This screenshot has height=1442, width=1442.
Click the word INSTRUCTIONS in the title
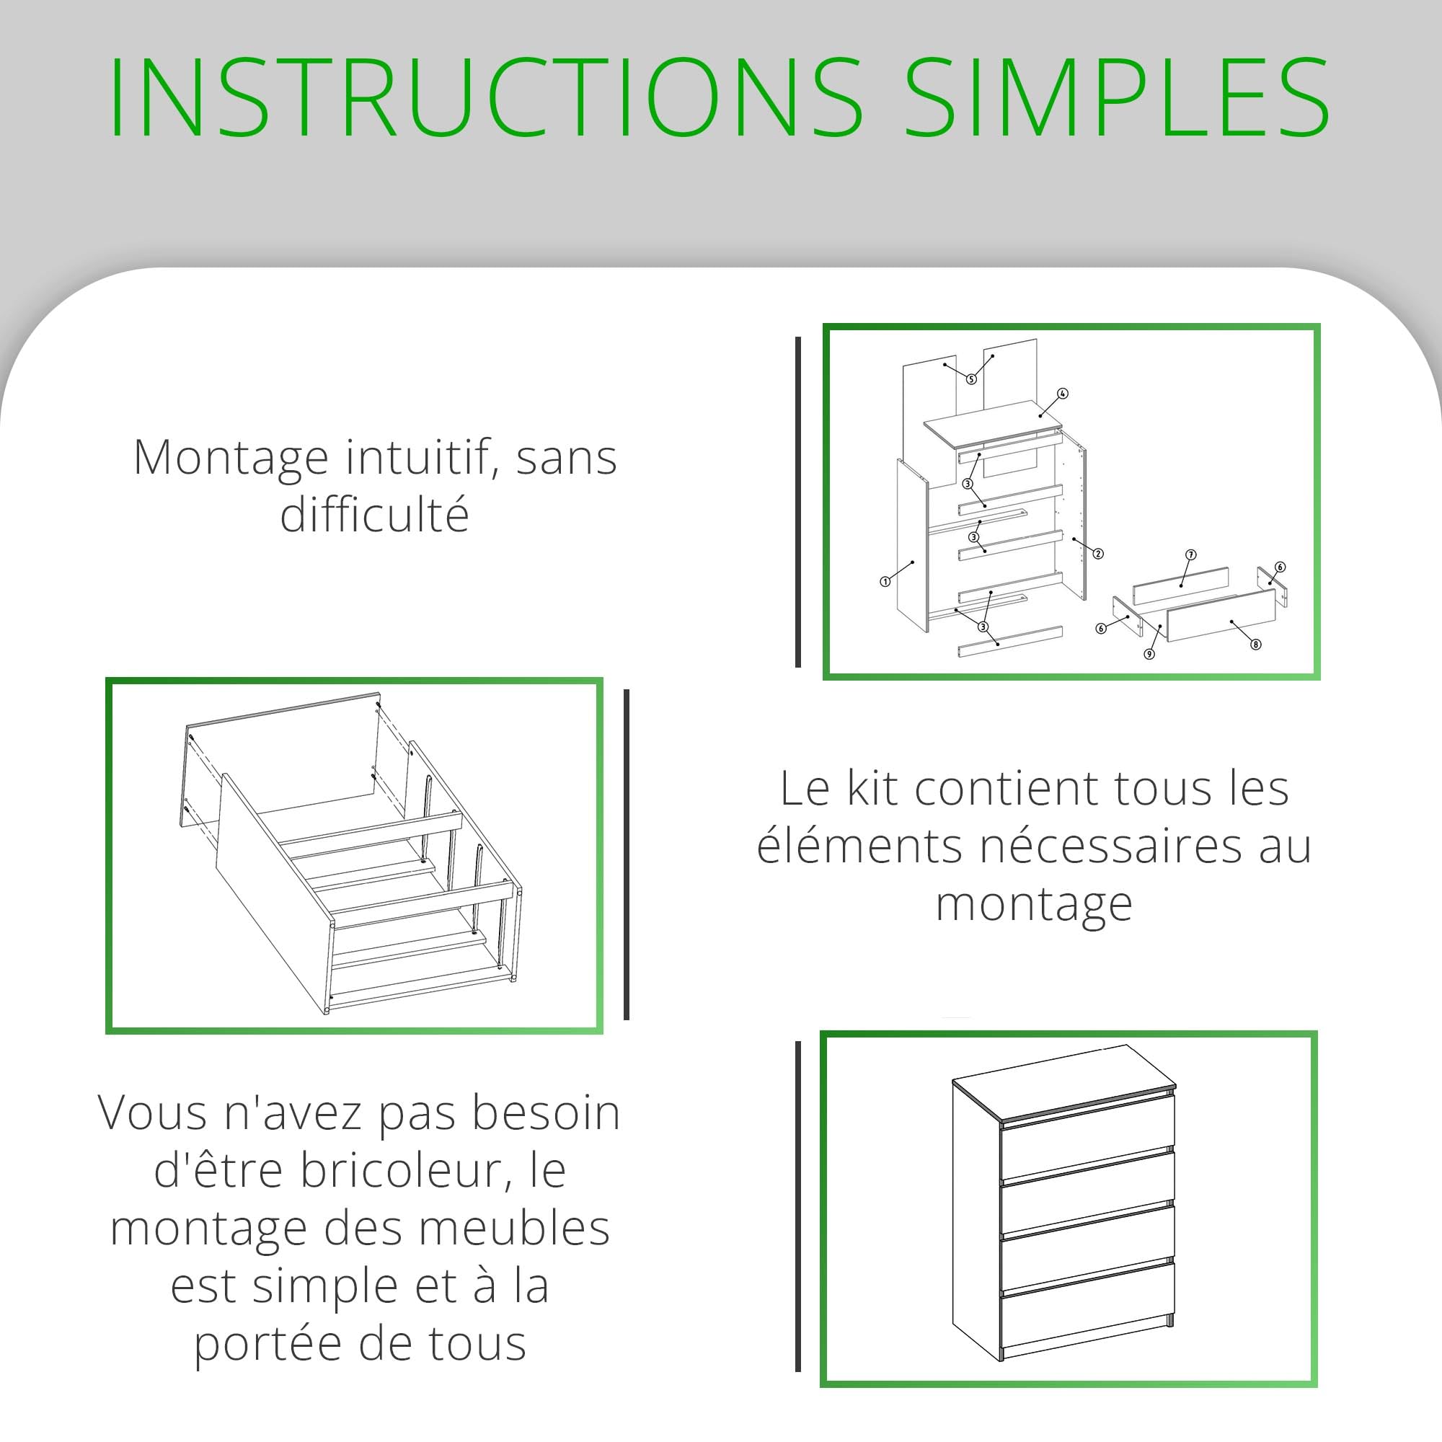[486, 97]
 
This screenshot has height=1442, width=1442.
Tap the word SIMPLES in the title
[1118, 97]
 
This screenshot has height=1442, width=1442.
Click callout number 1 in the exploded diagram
[885, 581]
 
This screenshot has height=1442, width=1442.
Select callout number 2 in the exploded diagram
[1098, 554]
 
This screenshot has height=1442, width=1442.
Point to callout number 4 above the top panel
[1063, 394]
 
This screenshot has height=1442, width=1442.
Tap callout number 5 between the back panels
[971, 379]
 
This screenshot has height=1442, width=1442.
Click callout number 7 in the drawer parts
[1191, 554]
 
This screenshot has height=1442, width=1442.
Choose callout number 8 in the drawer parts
[1256, 644]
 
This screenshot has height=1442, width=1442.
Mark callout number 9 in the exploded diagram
[1149, 654]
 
